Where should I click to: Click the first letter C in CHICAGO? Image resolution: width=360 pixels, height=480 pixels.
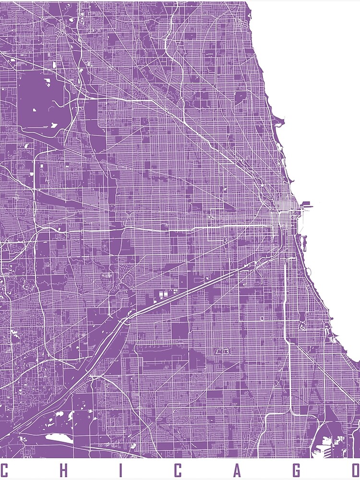click(4, 470)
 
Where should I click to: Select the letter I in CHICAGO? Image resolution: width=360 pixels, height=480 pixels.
click(120, 470)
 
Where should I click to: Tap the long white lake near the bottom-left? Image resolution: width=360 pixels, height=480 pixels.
click(60, 437)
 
